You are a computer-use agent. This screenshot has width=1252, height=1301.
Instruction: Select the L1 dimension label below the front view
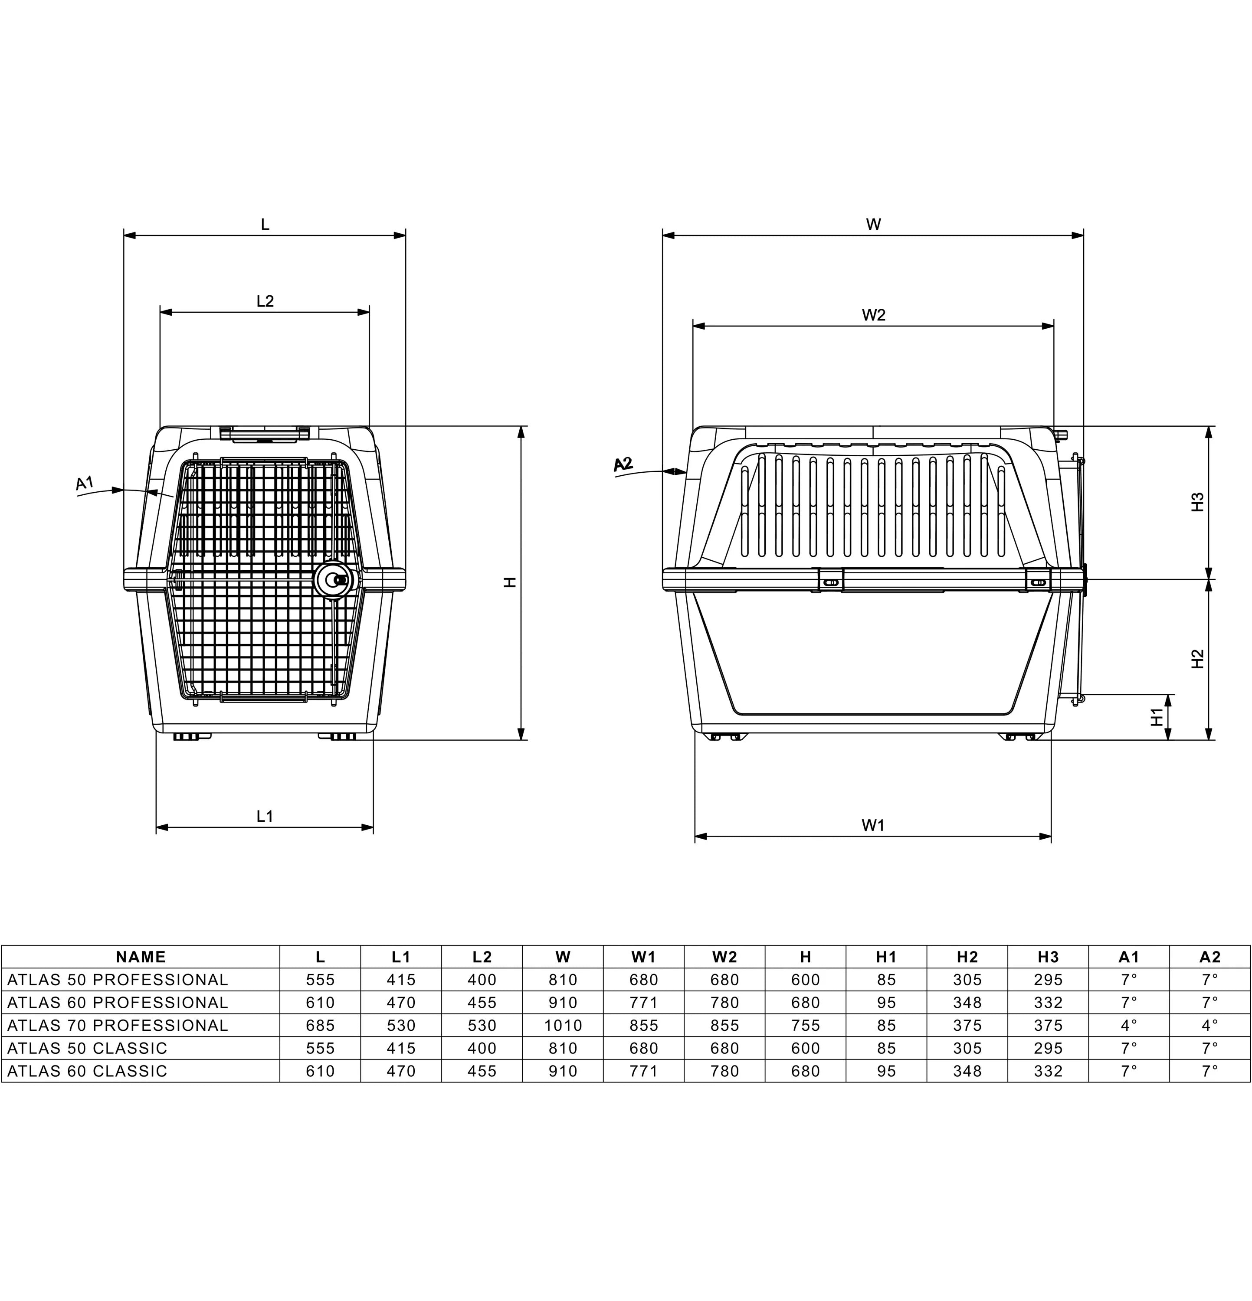tap(265, 816)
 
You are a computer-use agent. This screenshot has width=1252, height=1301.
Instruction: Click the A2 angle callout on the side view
tap(623, 464)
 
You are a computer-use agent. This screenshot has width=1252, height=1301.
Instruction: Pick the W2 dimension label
tap(874, 315)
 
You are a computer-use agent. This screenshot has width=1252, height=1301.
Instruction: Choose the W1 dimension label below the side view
tap(874, 825)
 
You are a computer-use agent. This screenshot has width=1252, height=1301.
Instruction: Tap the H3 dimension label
tap(1198, 502)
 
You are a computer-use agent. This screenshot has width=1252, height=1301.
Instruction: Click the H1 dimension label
tap(1157, 717)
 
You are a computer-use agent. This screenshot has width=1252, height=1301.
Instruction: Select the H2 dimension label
tap(1198, 658)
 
